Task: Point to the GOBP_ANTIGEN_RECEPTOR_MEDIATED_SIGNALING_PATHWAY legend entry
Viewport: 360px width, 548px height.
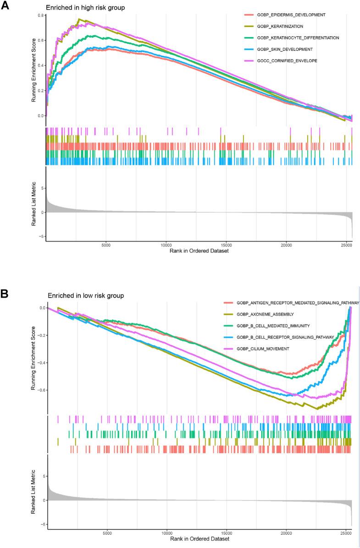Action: point(298,303)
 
